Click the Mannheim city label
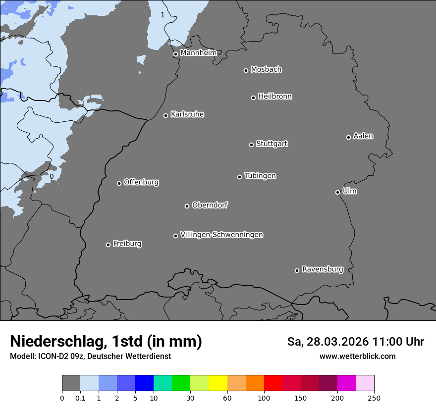[198, 52]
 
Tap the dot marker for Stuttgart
[251, 145]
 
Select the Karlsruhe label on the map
[187, 114]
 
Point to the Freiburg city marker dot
[108, 245]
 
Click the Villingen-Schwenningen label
[221, 235]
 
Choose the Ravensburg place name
[322, 269]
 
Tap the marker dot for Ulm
[337, 192]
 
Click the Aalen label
[363, 136]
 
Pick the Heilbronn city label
[274, 97]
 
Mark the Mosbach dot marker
[246, 70]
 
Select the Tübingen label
[260, 176]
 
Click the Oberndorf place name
[210, 205]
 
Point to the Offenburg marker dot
[119, 183]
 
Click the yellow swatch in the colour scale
[218, 383]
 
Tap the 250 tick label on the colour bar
[374, 398]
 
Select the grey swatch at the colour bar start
[71, 383]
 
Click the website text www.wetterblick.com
[357, 356]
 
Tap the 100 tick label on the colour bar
[264, 398]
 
